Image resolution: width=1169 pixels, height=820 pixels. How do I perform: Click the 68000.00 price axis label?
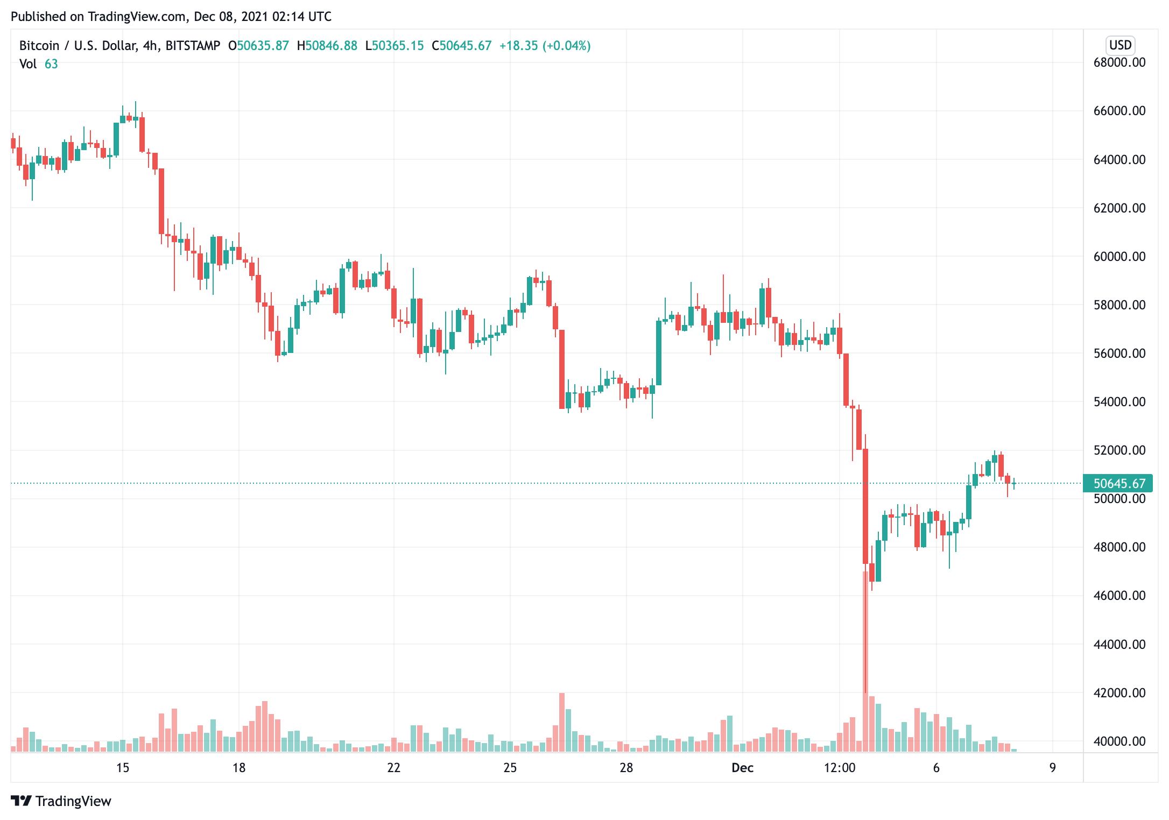[x=1119, y=62]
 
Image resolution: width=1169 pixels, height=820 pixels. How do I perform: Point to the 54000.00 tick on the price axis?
[x=1119, y=402]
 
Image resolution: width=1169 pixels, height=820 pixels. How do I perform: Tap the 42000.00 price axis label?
[x=1119, y=693]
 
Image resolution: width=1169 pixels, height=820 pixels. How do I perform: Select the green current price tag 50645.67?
[x=1118, y=484]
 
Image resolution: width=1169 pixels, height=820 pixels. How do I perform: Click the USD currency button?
[x=1120, y=45]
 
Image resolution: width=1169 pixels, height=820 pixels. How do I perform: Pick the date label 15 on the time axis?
[x=123, y=768]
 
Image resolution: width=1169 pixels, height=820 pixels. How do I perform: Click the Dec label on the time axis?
[x=742, y=768]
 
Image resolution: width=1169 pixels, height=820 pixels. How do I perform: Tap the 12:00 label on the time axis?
[x=839, y=768]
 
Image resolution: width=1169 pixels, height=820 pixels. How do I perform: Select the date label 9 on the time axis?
[x=1052, y=768]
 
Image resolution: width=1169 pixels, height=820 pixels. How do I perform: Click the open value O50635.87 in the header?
[x=258, y=46]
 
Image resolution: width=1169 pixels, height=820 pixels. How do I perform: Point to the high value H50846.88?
[x=327, y=46]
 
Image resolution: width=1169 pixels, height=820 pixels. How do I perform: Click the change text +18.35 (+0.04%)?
[x=545, y=46]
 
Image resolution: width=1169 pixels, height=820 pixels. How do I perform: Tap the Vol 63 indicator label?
[x=38, y=64]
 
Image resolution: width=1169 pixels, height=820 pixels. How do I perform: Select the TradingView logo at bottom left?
[x=61, y=801]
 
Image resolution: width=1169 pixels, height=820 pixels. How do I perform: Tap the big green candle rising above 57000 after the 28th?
[x=659, y=352]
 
